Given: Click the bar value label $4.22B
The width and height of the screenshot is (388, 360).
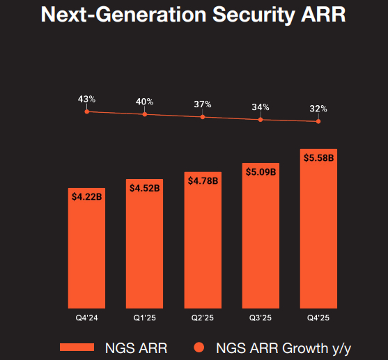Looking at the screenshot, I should click(87, 197).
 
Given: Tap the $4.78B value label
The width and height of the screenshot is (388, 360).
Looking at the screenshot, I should click(203, 180).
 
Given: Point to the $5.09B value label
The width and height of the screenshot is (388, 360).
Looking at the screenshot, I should click(261, 171).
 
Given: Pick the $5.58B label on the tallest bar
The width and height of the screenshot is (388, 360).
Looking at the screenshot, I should click(318, 158).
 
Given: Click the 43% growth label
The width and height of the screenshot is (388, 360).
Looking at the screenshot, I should click(86, 100).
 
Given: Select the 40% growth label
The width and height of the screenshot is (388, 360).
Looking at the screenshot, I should click(144, 102).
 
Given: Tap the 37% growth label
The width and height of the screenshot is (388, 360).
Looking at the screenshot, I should click(202, 104).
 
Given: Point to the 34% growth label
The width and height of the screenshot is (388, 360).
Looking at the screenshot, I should click(261, 107).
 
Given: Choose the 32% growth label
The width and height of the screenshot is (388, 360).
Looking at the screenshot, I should click(318, 109).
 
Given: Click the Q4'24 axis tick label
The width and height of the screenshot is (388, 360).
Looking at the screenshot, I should click(87, 319).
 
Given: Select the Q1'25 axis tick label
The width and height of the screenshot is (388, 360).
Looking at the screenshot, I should click(145, 319).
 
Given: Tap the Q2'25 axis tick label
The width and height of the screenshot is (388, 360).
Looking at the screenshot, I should click(203, 319).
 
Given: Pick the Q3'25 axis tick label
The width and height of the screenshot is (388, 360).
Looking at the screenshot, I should click(261, 319).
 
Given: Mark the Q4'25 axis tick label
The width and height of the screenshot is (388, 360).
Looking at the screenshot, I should click(318, 319).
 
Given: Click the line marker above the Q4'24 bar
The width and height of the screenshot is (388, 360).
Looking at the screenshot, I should click(87, 111).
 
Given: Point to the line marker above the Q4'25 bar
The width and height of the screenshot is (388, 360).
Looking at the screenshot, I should click(318, 121).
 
